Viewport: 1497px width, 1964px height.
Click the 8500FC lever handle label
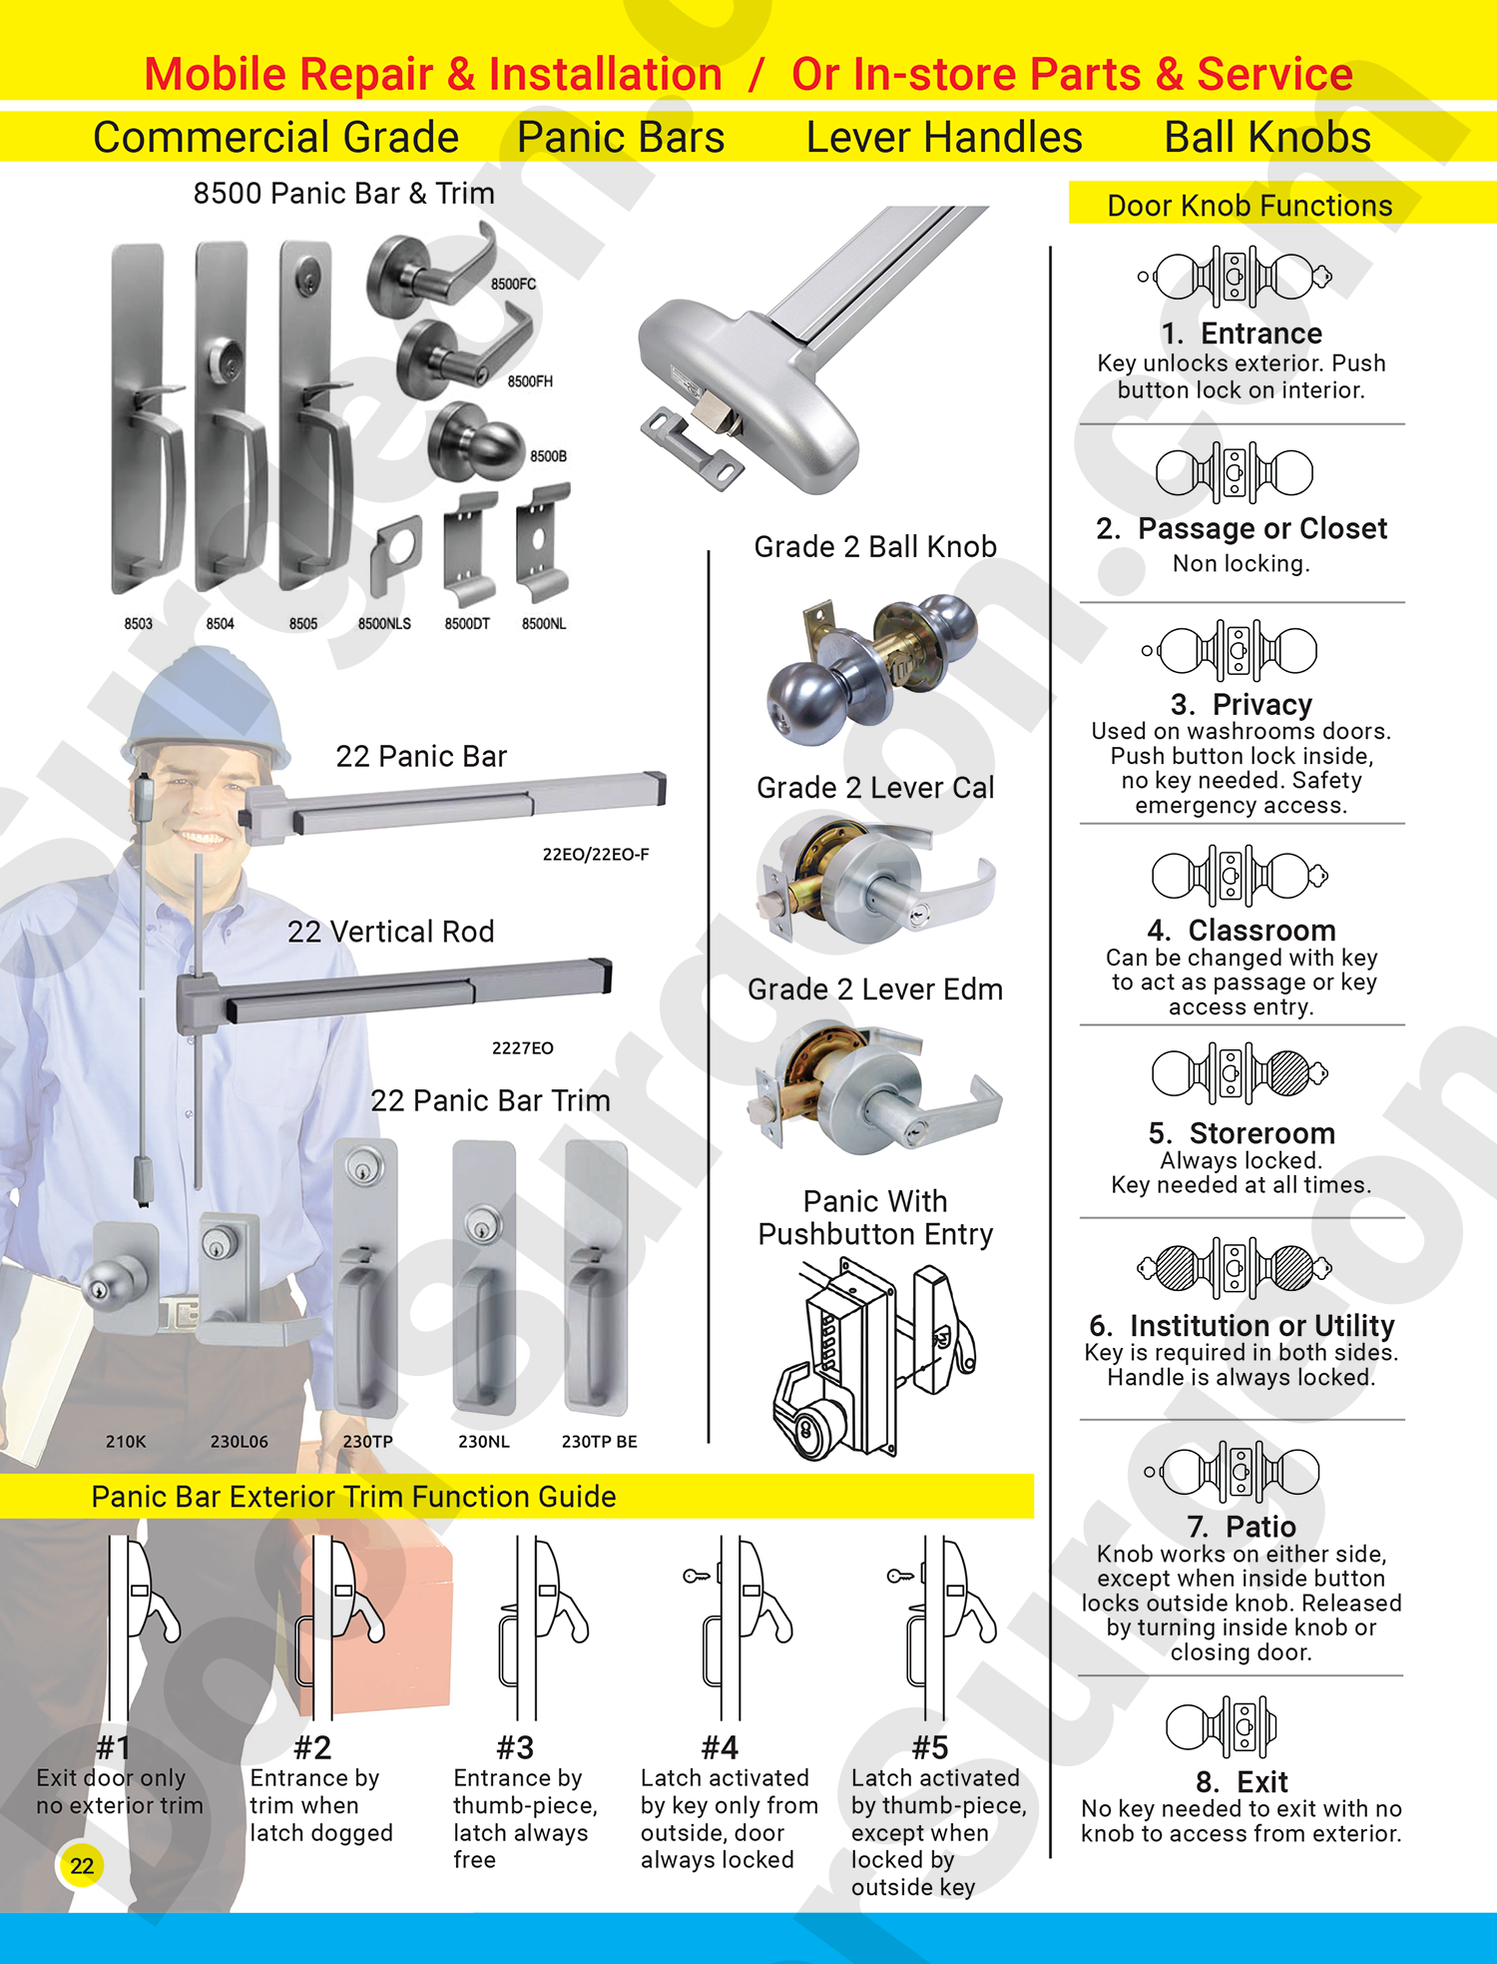click(513, 285)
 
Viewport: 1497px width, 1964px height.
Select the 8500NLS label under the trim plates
click(384, 624)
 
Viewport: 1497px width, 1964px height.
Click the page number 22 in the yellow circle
click(82, 1865)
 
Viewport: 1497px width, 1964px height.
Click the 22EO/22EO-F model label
click(596, 855)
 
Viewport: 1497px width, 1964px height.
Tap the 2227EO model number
click(522, 1048)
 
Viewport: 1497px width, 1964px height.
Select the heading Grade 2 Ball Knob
click(875, 547)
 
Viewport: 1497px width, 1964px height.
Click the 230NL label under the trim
click(484, 1442)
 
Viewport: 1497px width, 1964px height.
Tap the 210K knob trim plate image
click(126, 1278)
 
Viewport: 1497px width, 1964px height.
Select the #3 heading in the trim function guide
click(515, 1747)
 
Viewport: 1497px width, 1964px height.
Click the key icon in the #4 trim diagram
click(697, 1576)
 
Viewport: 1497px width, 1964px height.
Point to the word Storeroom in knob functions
click(1261, 1133)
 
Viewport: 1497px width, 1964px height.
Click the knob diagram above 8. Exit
click(1222, 1725)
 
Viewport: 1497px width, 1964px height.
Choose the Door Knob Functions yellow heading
click(1249, 206)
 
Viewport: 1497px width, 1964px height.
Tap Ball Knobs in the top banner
click(1267, 138)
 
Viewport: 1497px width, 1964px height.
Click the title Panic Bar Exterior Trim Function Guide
click(353, 1497)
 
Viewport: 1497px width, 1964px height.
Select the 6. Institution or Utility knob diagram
click(1235, 1268)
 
